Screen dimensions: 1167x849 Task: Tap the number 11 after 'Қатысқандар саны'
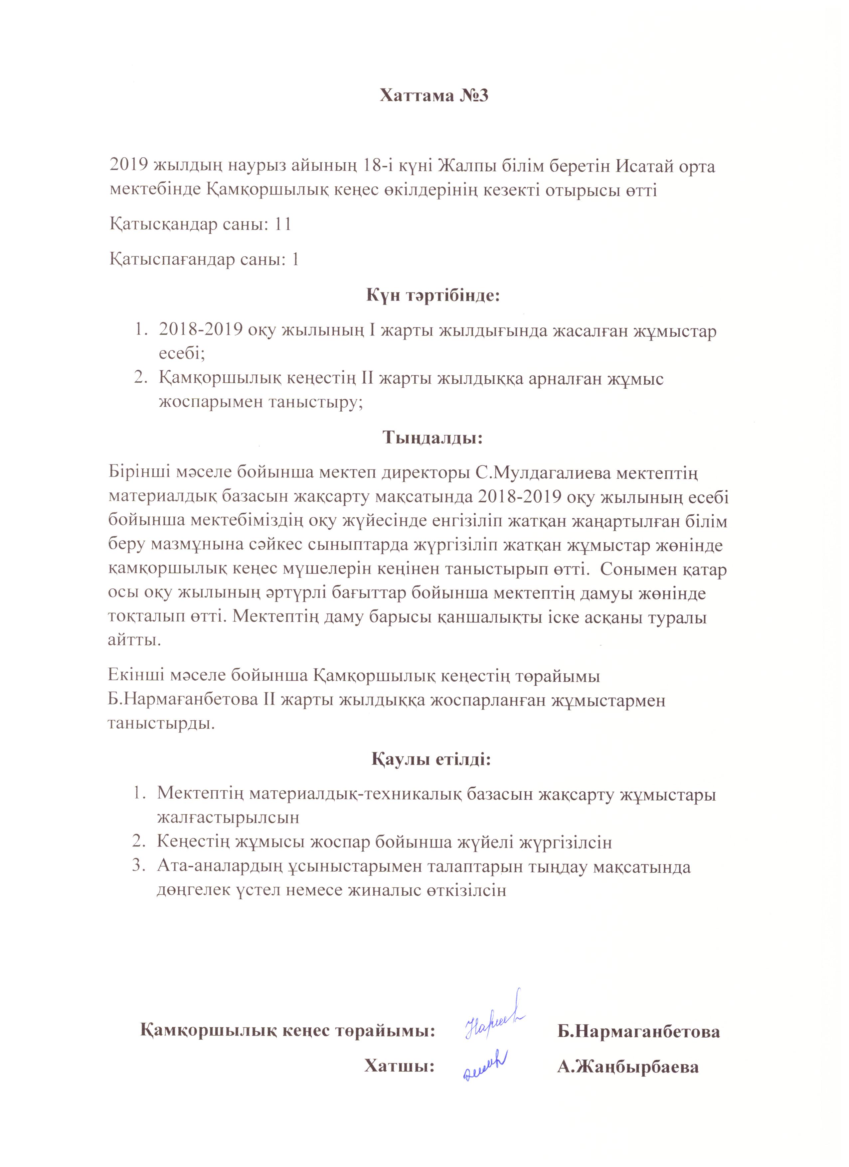pyautogui.click(x=283, y=224)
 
